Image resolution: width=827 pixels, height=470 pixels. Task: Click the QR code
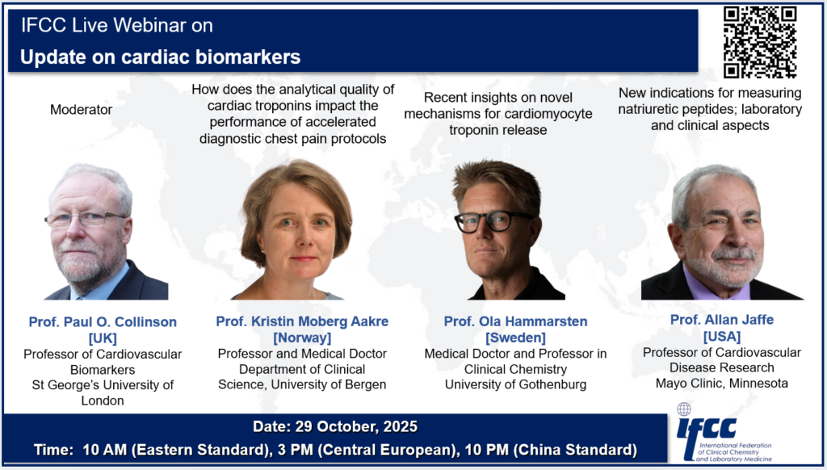pos(760,42)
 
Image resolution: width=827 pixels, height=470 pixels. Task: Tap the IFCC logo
pos(724,433)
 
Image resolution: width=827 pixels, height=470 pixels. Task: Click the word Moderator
pos(82,110)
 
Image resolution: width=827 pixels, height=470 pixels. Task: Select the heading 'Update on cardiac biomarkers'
pos(161,57)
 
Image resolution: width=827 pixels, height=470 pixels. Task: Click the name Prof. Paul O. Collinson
pos(103,321)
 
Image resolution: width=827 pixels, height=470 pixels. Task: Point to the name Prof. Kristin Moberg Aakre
pos(302,321)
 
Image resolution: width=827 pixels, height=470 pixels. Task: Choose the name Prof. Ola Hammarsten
pos(515,321)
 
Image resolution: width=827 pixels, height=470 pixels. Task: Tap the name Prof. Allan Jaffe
pos(722,320)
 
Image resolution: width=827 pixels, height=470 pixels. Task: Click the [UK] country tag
pos(103,338)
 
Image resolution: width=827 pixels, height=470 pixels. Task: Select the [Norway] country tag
pos(302,338)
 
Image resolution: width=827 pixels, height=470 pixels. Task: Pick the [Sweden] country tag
pos(515,338)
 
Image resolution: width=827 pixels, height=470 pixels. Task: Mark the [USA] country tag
pos(722,336)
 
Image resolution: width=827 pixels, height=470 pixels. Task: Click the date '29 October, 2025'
pos(356,426)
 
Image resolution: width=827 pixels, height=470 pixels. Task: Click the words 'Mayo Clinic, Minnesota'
pos(722,383)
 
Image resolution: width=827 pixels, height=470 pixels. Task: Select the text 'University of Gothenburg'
pos(515,384)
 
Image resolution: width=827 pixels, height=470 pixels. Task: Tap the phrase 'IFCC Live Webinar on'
pos(116,25)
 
